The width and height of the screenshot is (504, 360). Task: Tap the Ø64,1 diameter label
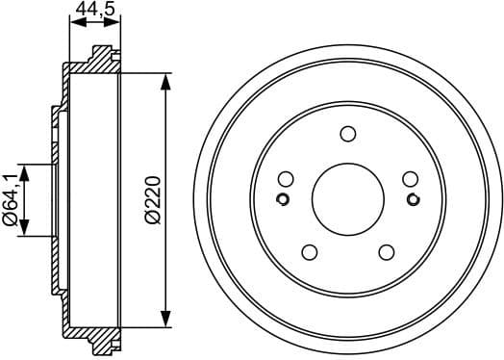(10, 200)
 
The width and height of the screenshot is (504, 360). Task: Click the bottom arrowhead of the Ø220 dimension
(167, 321)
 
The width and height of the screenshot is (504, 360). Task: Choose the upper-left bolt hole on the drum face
(286, 179)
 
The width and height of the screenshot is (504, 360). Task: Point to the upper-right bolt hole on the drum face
(411, 179)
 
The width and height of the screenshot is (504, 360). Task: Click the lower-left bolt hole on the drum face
(310, 252)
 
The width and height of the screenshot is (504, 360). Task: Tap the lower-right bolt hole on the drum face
(387, 252)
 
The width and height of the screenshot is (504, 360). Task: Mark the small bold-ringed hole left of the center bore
(284, 200)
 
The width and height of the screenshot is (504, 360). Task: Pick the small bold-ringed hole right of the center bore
(413, 200)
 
